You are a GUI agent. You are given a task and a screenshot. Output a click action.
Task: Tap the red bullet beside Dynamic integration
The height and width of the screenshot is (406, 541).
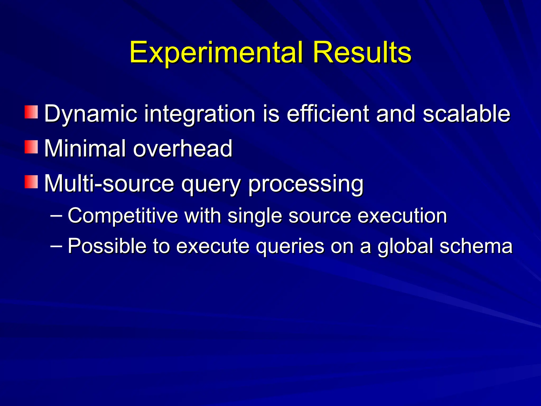[x=31, y=112]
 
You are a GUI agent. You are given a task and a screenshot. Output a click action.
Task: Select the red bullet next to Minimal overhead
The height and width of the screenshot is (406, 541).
[x=31, y=147]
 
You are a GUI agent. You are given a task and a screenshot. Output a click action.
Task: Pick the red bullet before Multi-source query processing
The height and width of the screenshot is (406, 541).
[x=31, y=182]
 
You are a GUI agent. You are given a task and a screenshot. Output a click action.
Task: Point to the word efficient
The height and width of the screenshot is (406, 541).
[x=328, y=114]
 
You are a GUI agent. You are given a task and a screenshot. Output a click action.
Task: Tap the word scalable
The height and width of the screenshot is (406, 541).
[x=466, y=114]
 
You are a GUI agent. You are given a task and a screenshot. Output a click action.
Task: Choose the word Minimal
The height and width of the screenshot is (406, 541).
[x=85, y=149]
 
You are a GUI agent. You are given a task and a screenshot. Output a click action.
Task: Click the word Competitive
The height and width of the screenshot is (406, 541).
[x=123, y=216]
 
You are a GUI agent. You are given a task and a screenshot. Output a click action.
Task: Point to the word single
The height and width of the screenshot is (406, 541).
[x=255, y=216]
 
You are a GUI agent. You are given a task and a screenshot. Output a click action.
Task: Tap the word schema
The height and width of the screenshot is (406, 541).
[x=476, y=246]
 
